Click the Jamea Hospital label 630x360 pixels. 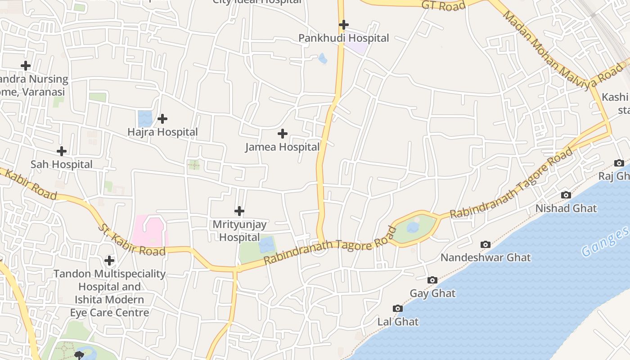point(282,147)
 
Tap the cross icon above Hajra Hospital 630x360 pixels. point(162,119)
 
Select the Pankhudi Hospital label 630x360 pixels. point(343,38)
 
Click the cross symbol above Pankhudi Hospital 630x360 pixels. point(344,24)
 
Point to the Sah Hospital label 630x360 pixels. point(61,164)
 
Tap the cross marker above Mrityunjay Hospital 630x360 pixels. point(239,211)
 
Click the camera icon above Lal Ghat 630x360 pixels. point(397,308)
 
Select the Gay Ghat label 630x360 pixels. point(432,293)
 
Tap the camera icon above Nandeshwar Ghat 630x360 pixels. point(485,244)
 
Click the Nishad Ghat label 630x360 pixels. point(566,208)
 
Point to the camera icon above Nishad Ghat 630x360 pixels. point(566,195)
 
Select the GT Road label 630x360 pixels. point(443,5)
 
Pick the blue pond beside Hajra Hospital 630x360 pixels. point(145,118)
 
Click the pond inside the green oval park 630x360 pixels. point(413,227)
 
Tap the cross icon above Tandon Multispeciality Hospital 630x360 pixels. point(109,260)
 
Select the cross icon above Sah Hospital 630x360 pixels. point(62,151)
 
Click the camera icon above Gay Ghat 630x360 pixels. point(432,280)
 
